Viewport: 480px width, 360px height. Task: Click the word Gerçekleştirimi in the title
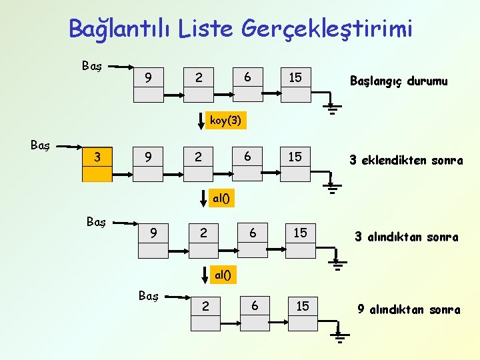pos(327,29)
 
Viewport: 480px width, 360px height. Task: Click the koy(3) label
pos(225,121)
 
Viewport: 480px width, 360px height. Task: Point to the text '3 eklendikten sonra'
pos(406,160)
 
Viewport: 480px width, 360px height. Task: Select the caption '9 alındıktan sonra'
pos(409,309)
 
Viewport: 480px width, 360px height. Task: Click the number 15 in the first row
pos(295,78)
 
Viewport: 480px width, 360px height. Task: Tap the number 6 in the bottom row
pos(254,305)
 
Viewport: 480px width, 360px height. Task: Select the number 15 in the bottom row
pos(303,305)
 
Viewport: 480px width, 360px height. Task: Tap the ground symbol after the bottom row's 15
pos(340,337)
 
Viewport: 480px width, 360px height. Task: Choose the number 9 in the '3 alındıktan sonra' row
pos(154,233)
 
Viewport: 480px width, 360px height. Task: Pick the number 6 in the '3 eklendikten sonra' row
pos(247,156)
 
